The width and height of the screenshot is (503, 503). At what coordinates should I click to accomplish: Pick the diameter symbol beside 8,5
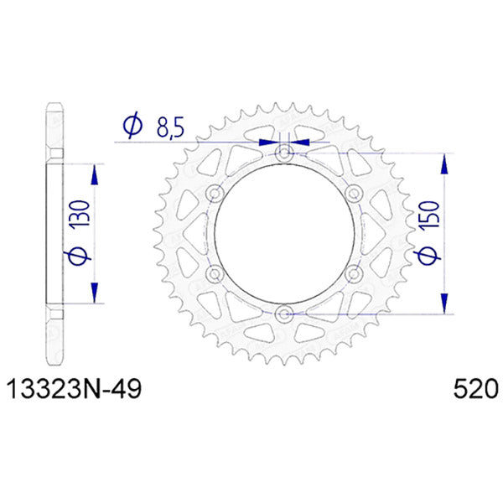[x=132, y=127]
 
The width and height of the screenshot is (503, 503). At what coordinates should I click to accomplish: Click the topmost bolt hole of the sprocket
[x=284, y=153]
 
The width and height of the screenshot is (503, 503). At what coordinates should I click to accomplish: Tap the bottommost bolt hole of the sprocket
[x=284, y=314]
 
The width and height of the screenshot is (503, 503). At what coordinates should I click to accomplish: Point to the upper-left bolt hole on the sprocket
[x=215, y=194]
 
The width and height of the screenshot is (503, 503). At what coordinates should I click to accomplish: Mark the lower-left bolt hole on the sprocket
[x=215, y=274]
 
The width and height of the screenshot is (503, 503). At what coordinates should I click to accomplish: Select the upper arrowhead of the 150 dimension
[x=442, y=163]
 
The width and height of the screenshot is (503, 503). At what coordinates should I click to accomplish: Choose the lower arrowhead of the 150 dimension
[x=442, y=303]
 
